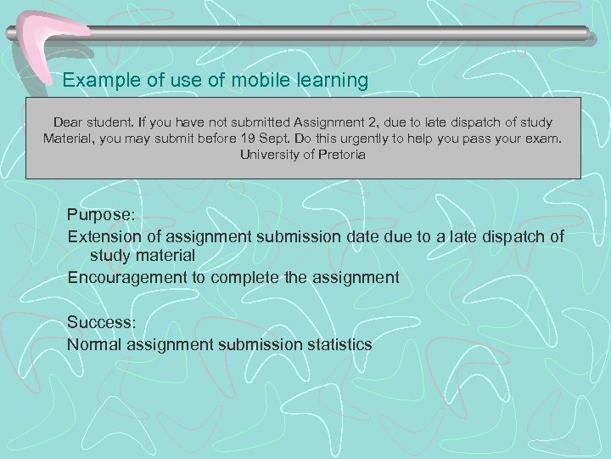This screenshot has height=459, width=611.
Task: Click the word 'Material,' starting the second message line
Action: point(73,139)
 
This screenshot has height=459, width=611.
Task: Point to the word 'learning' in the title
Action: point(334,81)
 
